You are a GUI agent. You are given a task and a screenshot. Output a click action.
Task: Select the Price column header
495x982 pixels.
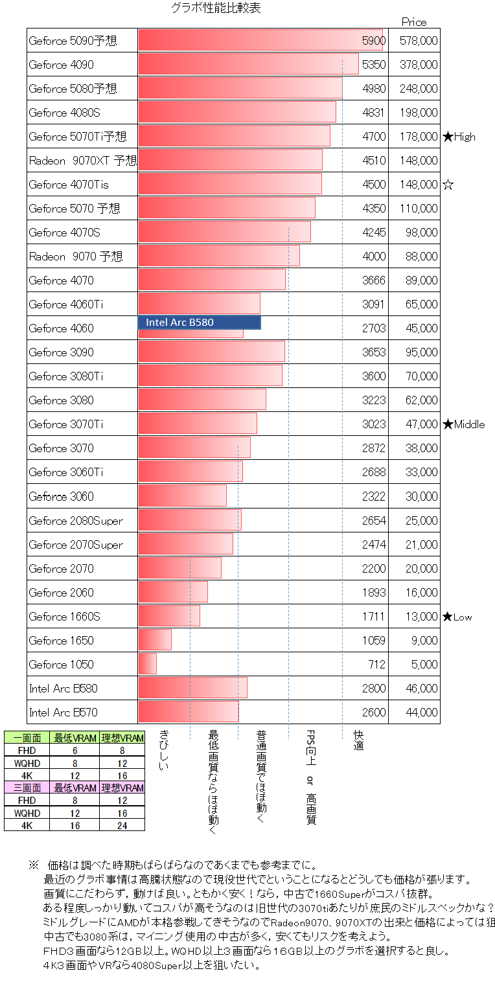(x=414, y=22)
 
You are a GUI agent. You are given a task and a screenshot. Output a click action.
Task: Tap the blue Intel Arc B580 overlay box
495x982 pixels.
(x=199, y=322)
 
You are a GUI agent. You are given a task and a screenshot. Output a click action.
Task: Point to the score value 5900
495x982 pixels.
(x=374, y=41)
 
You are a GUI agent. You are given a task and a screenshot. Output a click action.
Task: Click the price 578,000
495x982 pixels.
(x=419, y=41)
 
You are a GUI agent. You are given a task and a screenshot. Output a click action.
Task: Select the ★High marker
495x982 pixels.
(x=459, y=137)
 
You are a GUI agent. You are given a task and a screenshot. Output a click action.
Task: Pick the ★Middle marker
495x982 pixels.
(x=464, y=424)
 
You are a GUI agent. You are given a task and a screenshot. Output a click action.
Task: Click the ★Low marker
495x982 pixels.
(x=457, y=617)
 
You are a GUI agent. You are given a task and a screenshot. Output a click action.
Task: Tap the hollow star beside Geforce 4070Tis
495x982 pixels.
(x=448, y=185)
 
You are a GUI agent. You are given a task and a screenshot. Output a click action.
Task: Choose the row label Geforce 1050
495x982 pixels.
(x=61, y=665)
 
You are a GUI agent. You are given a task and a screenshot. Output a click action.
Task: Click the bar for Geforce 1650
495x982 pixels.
(x=155, y=640)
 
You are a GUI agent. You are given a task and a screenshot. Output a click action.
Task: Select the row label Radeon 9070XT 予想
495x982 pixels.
(x=82, y=161)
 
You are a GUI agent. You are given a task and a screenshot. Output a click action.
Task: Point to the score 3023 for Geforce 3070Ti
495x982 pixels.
(x=374, y=424)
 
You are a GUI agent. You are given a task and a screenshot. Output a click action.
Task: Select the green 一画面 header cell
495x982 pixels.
(x=27, y=737)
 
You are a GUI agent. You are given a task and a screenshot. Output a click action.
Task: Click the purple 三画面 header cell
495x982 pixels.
(x=27, y=788)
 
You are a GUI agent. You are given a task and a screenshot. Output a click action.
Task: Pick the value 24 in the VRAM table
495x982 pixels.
(x=122, y=825)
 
